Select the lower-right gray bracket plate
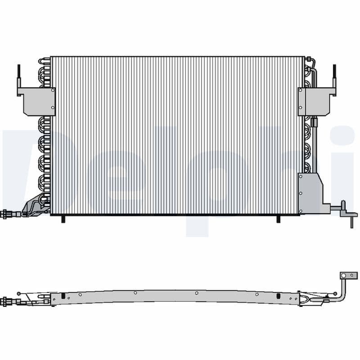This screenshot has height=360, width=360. click(x=310, y=191)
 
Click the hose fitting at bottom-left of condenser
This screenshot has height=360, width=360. click(x=10, y=215)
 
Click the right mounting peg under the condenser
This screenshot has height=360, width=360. click(x=277, y=218)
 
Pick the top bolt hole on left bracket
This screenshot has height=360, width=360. click(x=53, y=90)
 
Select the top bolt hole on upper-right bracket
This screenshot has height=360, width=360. click(x=300, y=90)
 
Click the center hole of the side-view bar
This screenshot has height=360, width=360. click(x=197, y=293)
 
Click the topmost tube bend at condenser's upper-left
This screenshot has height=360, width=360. click(x=43, y=61)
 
